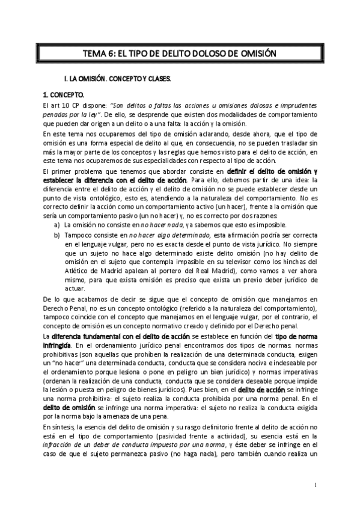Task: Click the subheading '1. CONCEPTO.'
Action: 63,95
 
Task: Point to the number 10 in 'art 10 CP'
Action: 68,105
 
